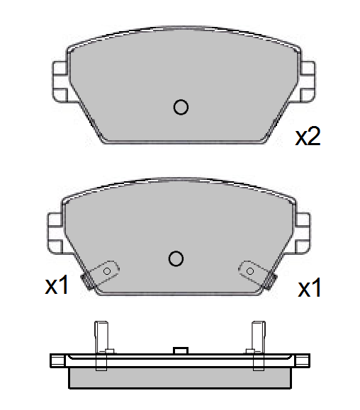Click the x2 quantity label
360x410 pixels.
[308, 137]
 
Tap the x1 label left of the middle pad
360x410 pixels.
[57, 286]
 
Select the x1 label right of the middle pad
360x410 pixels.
[310, 288]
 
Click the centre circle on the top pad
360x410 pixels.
[181, 107]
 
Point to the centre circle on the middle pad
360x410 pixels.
[176, 258]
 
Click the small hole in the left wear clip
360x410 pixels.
[107, 271]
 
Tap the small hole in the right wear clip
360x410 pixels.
[250, 270]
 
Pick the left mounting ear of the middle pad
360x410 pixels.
[55, 232]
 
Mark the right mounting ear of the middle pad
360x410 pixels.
[302, 232]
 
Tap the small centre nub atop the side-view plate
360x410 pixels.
[180, 351]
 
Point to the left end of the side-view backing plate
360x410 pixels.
[56, 360]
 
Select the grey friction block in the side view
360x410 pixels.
[180, 377]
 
